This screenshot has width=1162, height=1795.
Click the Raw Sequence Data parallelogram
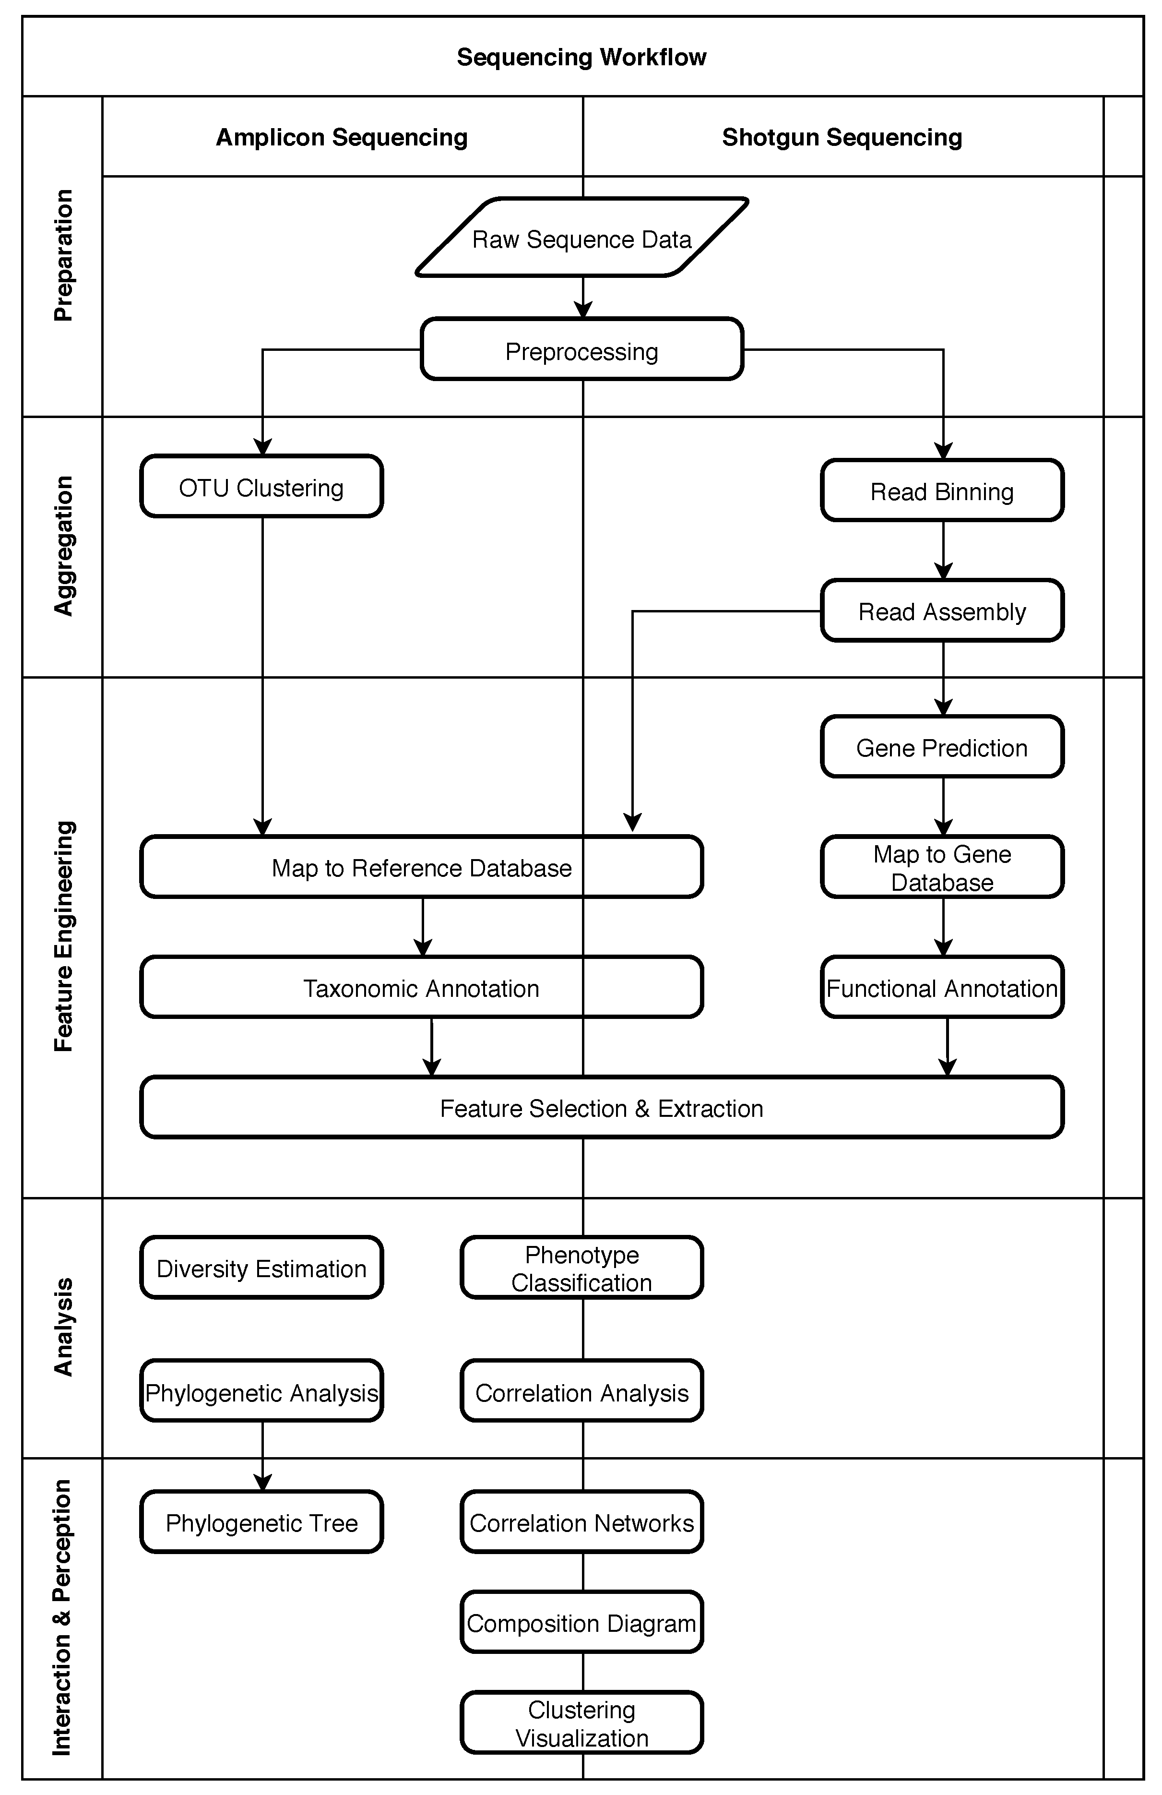pos(581,239)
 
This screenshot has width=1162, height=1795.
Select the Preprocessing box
pos(581,350)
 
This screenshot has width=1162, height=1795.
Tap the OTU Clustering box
pos(261,487)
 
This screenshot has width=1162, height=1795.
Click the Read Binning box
pos(942,491)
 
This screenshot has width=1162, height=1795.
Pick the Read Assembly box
pos(942,611)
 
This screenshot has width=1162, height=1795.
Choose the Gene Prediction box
pos(942,747)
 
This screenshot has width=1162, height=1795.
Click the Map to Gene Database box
pos(942,867)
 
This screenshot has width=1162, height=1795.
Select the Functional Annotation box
pos(942,987)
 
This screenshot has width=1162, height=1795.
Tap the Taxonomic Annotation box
pos(421,987)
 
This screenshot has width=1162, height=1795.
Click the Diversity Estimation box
pos(261,1268)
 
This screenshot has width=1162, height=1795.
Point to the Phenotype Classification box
pos(581,1268)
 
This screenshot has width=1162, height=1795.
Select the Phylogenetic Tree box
pos(261,1522)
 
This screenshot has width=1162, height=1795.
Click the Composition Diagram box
pos(581,1622)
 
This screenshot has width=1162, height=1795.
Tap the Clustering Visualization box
pos(581,1723)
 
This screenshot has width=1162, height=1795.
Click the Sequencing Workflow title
pos(581,57)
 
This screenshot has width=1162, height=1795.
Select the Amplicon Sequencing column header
pos(342,136)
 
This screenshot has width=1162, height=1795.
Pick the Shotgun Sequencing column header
pos(842,136)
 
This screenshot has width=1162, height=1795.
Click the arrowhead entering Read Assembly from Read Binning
pos(943,572)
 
